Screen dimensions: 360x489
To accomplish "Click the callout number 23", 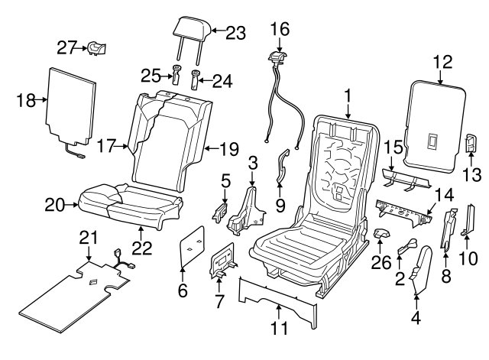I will [x=235, y=32].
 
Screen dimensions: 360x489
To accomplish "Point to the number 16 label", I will [x=279, y=28].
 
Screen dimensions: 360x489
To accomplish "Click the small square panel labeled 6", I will [x=192, y=248].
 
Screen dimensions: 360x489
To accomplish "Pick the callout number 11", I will [x=279, y=331].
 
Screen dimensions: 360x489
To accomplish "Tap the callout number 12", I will [x=442, y=61].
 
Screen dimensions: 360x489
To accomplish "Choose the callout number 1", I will [x=348, y=97].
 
